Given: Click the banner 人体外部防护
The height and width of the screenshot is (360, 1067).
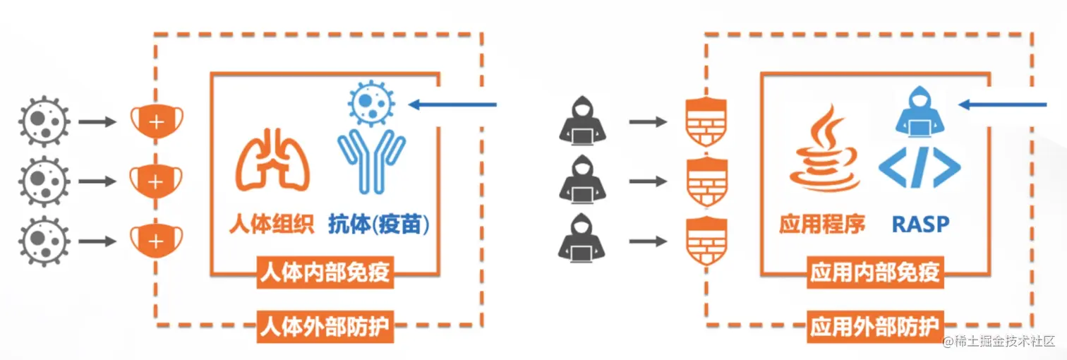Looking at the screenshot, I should point(325,327).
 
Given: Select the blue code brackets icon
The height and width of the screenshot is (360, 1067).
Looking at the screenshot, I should point(920,169).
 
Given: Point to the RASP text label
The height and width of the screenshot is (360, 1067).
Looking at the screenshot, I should point(920,224).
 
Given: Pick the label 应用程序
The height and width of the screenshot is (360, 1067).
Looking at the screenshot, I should point(822,224).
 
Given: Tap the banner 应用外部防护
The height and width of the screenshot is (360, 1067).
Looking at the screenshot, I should point(875,327).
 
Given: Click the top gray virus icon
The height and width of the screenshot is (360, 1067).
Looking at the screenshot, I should point(44,122).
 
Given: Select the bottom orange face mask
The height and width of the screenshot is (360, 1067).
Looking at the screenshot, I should point(155,240).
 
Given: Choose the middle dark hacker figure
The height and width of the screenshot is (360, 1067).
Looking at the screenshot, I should point(583,181).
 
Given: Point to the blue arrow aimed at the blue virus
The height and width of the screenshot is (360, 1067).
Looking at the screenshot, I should point(453,105).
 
